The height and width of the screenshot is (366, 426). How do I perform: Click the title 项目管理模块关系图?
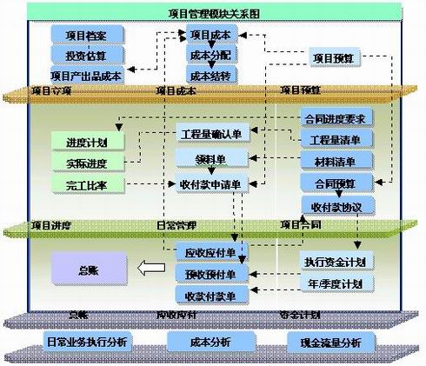click(x=212, y=14)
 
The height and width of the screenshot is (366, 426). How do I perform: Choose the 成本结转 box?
click(x=210, y=75)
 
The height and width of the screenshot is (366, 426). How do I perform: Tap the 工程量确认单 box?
click(x=212, y=136)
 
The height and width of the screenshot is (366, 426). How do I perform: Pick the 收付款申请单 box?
click(x=212, y=183)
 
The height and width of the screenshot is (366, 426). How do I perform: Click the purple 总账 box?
click(x=87, y=269)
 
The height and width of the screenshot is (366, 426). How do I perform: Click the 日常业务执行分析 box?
click(x=87, y=341)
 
